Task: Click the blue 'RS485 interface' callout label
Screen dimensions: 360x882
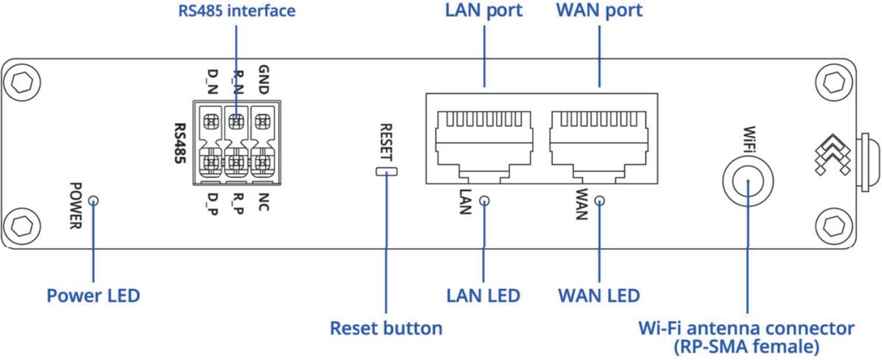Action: point(237,12)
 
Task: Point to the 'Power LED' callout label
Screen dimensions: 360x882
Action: point(93,295)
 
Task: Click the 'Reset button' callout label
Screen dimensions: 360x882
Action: point(386,328)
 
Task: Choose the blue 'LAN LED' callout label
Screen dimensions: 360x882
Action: point(483,295)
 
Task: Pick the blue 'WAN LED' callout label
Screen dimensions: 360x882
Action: point(598,295)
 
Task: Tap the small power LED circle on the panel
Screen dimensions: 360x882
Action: point(93,201)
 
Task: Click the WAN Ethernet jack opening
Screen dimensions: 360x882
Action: point(599,140)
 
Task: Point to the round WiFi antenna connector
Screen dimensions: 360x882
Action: point(747,179)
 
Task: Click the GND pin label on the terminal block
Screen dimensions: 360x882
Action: point(264,79)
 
